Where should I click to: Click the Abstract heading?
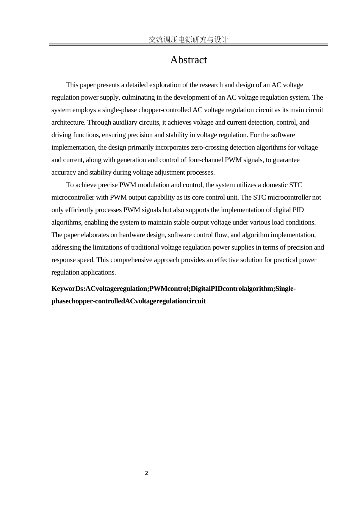point(188,60)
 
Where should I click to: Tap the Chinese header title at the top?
point(188,39)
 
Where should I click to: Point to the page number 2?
point(147,473)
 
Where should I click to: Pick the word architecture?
point(67,122)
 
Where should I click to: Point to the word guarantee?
point(285,160)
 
